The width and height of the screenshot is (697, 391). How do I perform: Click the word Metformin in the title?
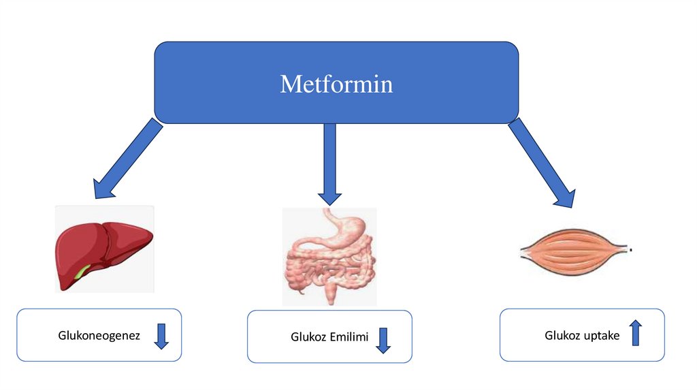[336, 84]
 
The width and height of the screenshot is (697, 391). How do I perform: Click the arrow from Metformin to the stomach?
[329, 163]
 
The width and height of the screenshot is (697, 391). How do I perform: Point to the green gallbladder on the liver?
[81, 273]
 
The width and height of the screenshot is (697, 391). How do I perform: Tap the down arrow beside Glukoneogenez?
[161, 337]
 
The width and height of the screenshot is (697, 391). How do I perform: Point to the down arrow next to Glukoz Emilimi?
[383, 340]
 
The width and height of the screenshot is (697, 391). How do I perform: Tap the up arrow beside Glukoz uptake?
[635, 332]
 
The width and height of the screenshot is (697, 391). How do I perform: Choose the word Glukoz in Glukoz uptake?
[560, 335]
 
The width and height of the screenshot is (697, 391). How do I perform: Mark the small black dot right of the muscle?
[632, 251]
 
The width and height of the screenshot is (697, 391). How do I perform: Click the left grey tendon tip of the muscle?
[525, 251]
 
